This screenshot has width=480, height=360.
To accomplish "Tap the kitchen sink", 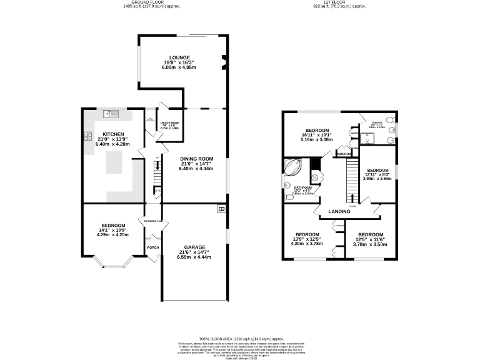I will [x=109, y=114].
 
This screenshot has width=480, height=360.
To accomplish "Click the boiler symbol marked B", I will [x=220, y=209].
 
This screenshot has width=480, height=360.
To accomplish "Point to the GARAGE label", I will [x=194, y=246].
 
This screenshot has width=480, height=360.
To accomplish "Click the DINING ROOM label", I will [x=196, y=158].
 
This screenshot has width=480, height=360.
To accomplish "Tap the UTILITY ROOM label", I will [x=169, y=123].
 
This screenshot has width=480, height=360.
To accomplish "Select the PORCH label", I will [x=152, y=247].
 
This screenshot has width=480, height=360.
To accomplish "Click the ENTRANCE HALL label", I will [x=153, y=221].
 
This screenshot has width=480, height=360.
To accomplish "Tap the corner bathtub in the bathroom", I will [x=292, y=167].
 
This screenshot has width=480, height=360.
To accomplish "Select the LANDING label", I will [x=339, y=211].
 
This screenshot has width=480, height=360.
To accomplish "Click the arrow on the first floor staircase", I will [x=352, y=197].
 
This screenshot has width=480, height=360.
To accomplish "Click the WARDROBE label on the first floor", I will [x=343, y=152].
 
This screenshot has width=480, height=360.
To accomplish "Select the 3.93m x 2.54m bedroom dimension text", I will [x=379, y=178].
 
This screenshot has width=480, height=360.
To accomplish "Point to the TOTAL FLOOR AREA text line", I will [x=240, y=338].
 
